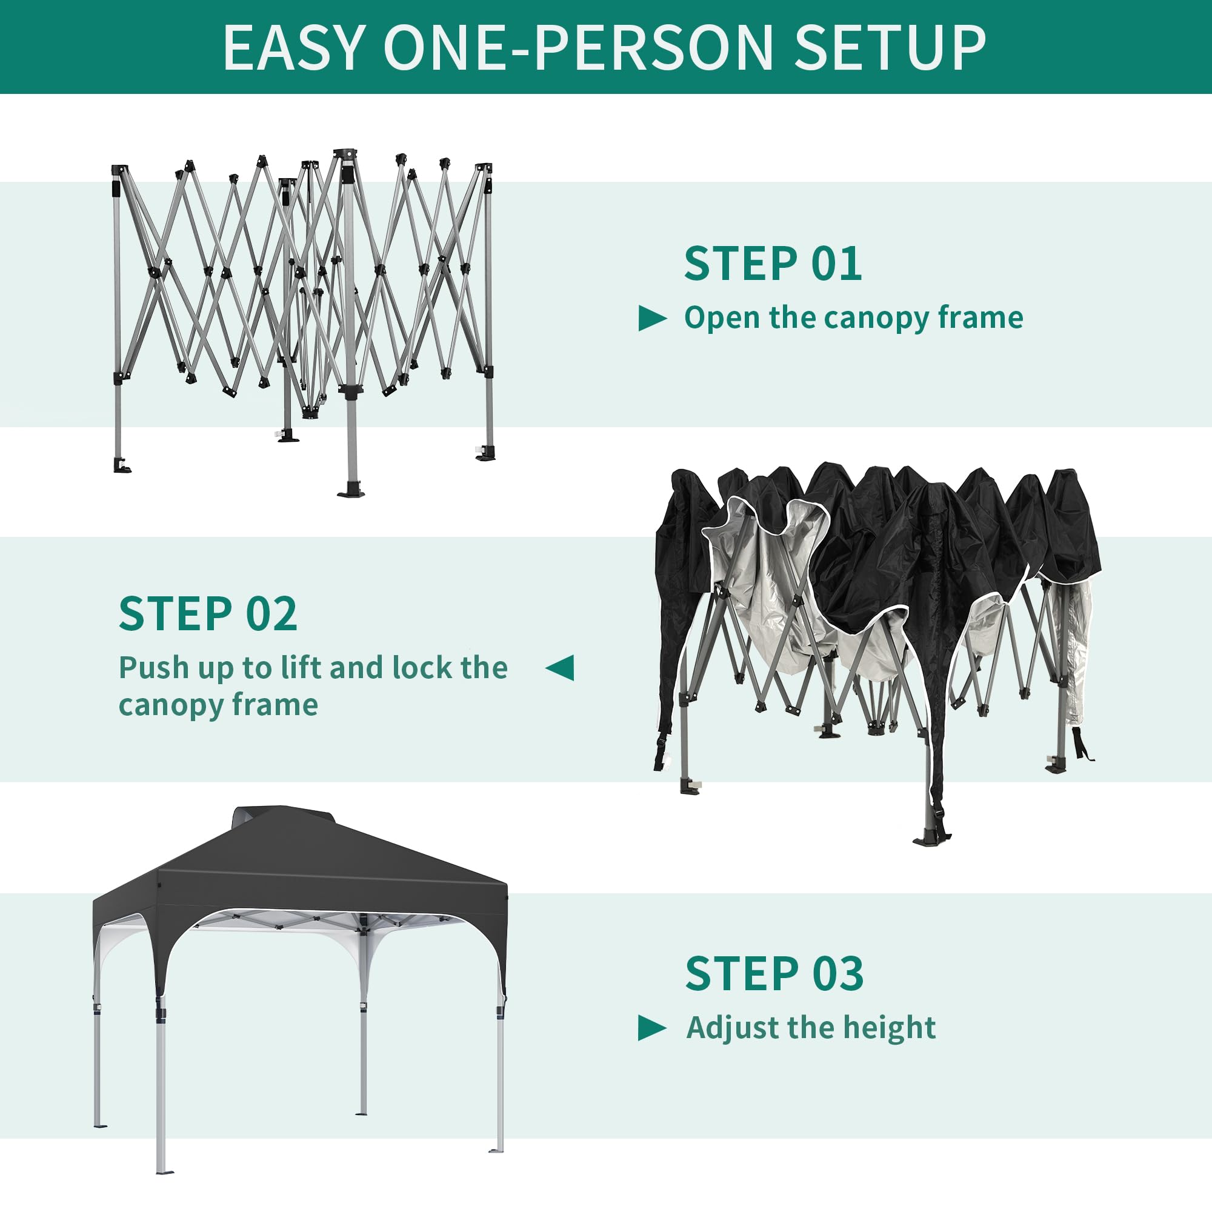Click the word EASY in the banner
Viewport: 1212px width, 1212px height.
(293, 48)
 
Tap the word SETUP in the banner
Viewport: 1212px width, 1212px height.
(890, 48)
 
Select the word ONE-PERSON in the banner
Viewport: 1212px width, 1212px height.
(578, 48)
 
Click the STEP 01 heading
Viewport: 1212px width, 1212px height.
(773, 264)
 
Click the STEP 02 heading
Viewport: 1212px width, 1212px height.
(208, 614)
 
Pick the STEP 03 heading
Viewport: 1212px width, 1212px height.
(774, 974)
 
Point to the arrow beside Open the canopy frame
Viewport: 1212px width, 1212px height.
(652, 319)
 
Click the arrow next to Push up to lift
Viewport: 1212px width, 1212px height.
(559, 667)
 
